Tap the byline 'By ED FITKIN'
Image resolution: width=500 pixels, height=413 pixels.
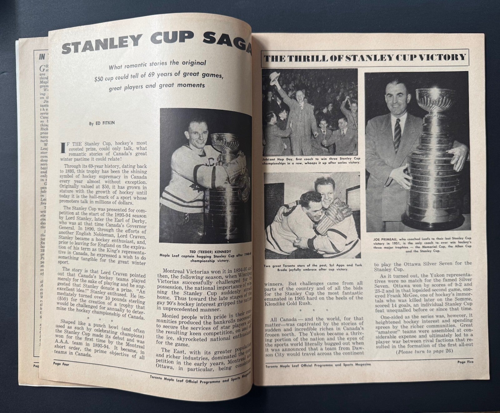[102, 123]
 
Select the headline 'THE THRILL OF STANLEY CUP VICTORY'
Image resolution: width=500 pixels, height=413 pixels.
[365, 57]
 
